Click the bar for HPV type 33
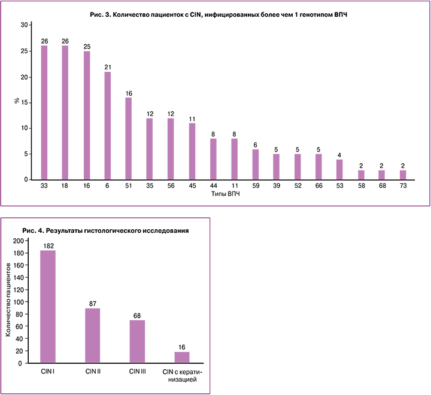(x=44, y=113)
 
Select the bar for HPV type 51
(x=128, y=138)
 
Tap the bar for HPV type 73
(x=403, y=175)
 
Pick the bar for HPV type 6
(x=107, y=126)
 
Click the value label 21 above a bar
(x=107, y=67)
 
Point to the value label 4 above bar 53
(x=339, y=154)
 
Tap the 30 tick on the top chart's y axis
(x=24, y=25)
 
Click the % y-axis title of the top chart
(x=17, y=102)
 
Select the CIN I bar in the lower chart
(x=48, y=306)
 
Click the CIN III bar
(x=137, y=341)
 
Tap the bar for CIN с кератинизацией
(x=182, y=357)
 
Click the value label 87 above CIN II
(x=92, y=303)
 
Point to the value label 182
(x=48, y=245)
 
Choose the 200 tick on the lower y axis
(x=18, y=241)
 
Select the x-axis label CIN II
(x=92, y=372)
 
